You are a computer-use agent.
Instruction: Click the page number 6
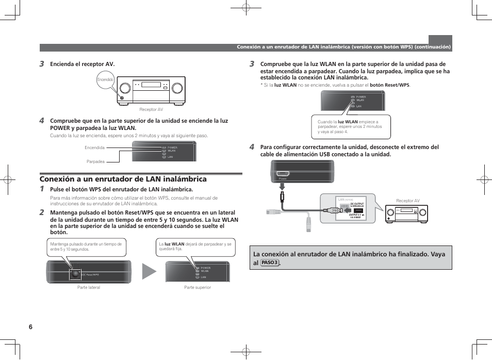[x=31, y=327]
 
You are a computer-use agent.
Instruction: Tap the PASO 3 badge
[x=270, y=263]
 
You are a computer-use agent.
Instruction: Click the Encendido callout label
[x=105, y=79]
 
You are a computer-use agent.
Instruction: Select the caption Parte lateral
[x=89, y=287]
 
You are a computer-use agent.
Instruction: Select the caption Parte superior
[x=198, y=287]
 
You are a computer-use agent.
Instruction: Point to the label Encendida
[x=94, y=148]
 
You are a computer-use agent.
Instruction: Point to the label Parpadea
[x=95, y=161]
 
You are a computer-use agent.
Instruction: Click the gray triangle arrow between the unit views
[x=149, y=271]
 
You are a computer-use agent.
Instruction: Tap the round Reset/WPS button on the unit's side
[x=75, y=274]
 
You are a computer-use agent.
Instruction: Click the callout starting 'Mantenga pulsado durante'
[x=86, y=247]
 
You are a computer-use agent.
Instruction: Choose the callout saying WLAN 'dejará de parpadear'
[x=195, y=247]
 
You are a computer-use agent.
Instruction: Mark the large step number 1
[x=42, y=189]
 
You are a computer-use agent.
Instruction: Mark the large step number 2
[x=42, y=212]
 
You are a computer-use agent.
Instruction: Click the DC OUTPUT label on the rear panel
[x=357, y=204]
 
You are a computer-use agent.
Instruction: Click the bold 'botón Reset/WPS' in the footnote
[x=389, y=85]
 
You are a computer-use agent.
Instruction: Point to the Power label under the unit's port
[x=282, y=178]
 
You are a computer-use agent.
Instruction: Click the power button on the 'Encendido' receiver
[x=122, y=97]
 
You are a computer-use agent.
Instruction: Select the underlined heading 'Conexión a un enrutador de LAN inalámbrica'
[x=123, y=179]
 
